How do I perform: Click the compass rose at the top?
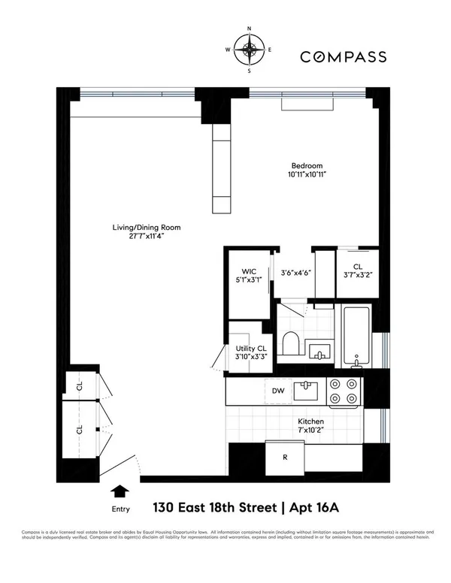point(250,52)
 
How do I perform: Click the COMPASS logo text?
point(344,56)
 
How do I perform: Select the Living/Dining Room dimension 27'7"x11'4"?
point(145,235)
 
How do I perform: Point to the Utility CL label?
point(250,348)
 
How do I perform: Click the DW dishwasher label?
point(278,390)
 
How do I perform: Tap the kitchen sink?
point(306,390)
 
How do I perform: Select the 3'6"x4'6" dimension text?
point(296,274)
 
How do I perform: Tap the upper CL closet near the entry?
point(79,385)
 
